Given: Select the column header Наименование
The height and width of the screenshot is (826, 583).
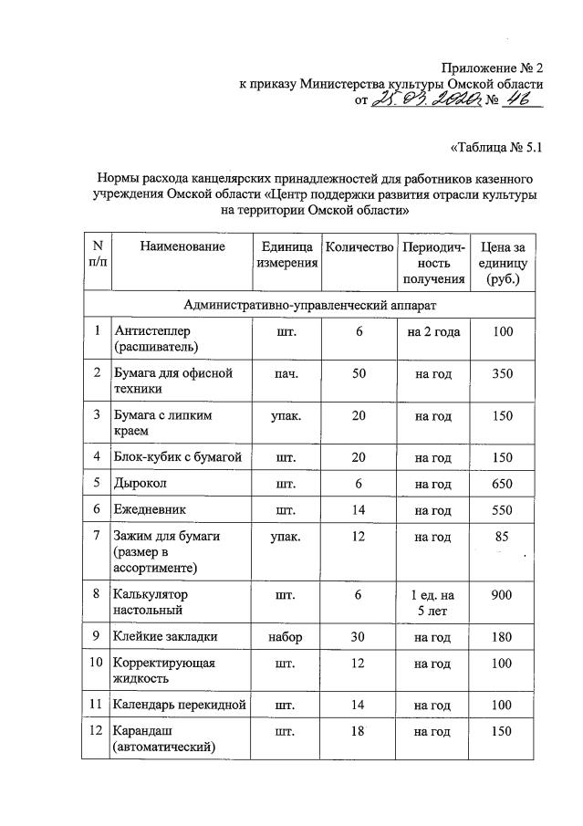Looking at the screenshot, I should (182, 247).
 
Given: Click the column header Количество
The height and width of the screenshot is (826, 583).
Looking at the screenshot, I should (359, 247).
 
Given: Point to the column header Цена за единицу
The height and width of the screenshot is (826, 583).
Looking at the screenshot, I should (503, 263).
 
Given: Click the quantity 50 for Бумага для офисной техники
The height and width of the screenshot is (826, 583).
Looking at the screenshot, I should (359, 374).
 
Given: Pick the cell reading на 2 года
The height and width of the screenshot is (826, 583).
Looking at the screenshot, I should (433, 330).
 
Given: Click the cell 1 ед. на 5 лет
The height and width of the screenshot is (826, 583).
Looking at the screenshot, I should (433, 603).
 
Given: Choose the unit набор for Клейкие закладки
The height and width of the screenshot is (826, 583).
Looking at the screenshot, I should (286, 638).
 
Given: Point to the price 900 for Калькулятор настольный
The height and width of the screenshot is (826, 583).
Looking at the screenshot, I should (503, 595).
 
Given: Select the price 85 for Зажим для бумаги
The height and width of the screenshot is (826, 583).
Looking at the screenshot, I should (501, 538).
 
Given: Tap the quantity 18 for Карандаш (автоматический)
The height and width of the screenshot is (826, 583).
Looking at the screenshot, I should (359, 731).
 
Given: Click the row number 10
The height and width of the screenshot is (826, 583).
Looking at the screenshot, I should (97, 664).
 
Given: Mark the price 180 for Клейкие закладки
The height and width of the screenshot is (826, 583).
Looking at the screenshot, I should (503, 638).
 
